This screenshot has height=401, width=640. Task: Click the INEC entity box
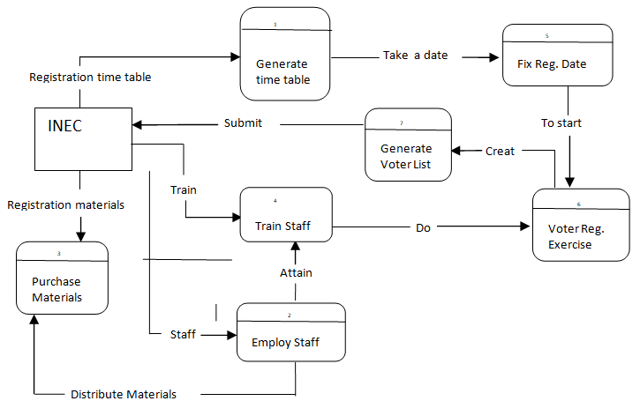(82, 139)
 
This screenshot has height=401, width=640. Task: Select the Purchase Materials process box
(62, 278)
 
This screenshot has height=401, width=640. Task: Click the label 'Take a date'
(415, 56)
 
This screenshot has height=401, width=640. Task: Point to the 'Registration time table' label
(90, 78)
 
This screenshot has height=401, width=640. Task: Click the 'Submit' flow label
(243, 123)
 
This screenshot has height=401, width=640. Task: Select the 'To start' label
(561, 123)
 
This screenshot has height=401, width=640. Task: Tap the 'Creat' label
(500, 152)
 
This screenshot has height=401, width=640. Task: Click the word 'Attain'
(296, 273)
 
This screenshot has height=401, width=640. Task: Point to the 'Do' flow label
(424, 228)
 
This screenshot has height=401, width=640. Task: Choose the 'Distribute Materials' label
(124, 394)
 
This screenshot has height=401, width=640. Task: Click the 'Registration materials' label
(66, 205)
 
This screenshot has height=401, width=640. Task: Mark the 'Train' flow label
(184, 189)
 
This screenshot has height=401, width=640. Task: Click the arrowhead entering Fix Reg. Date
(495, 59)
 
